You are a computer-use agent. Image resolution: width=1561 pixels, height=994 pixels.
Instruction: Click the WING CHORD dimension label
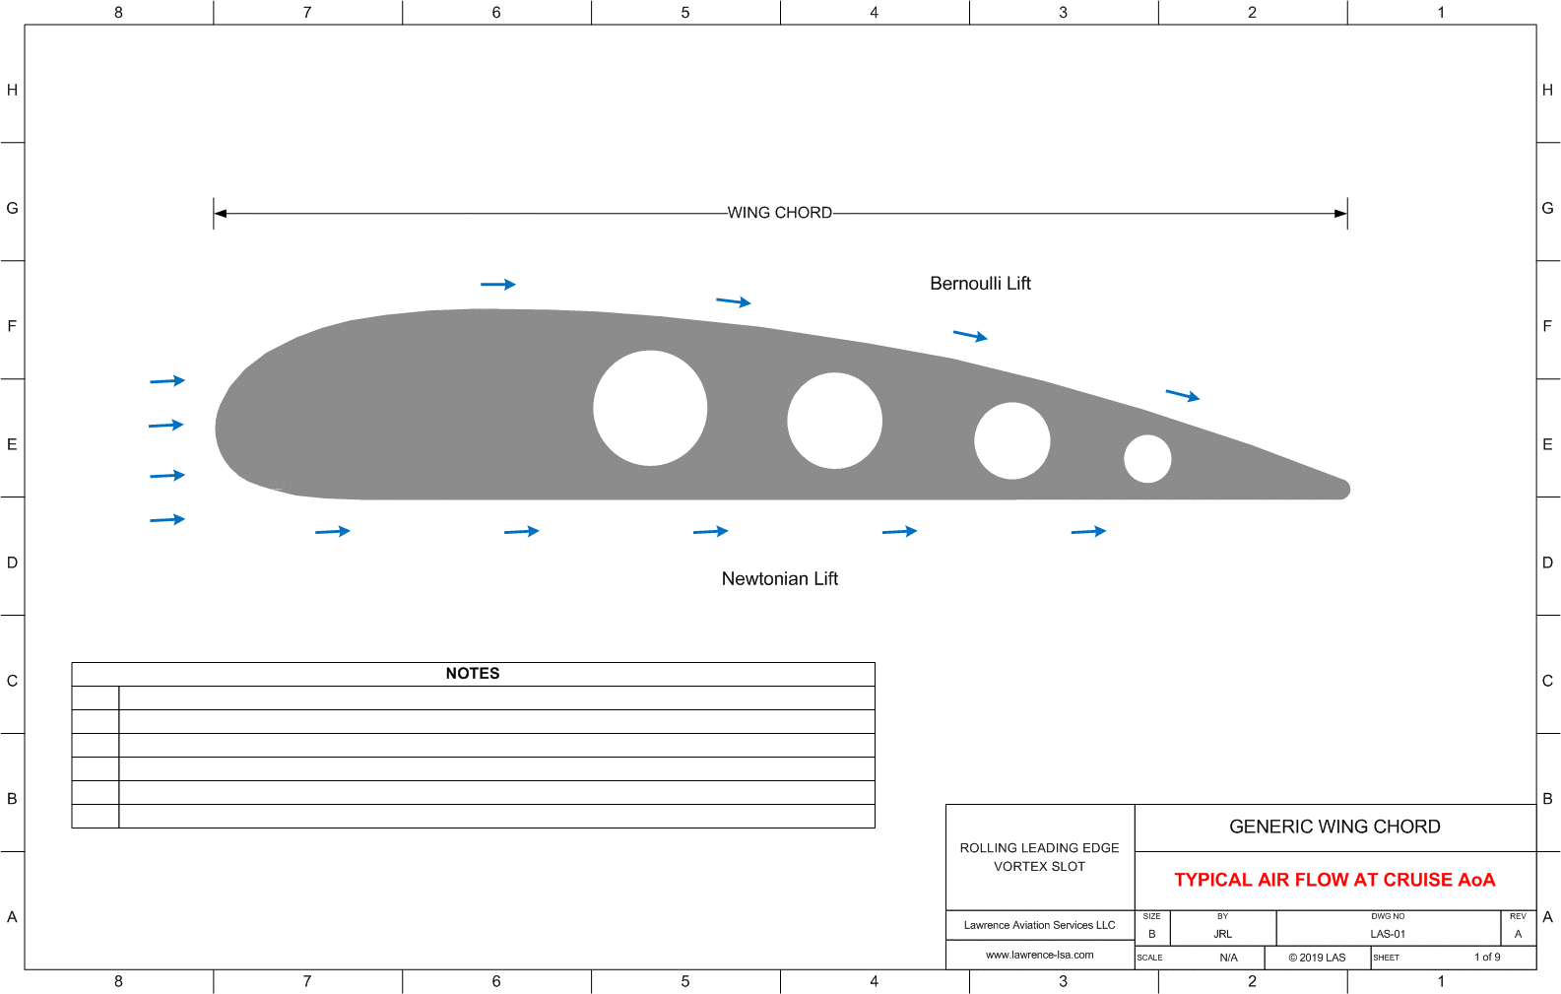point(780,213)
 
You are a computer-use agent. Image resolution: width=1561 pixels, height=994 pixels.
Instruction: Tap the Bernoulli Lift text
point(980,284)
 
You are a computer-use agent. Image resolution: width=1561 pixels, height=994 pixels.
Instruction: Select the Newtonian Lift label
point(779,578)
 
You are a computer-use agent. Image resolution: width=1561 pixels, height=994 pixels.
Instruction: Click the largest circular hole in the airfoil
point(650,408)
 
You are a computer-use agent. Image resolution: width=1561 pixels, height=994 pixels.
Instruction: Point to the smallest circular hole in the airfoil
point(1147,459)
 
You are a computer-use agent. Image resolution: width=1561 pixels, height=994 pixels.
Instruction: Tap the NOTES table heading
point(473,674)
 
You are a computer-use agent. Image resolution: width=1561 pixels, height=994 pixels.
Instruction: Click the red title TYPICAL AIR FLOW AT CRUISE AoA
point(1334,880)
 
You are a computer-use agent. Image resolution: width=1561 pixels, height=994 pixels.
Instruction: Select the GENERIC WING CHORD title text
point(1334,827)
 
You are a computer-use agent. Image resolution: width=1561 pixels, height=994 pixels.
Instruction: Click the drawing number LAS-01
point(1388,934)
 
